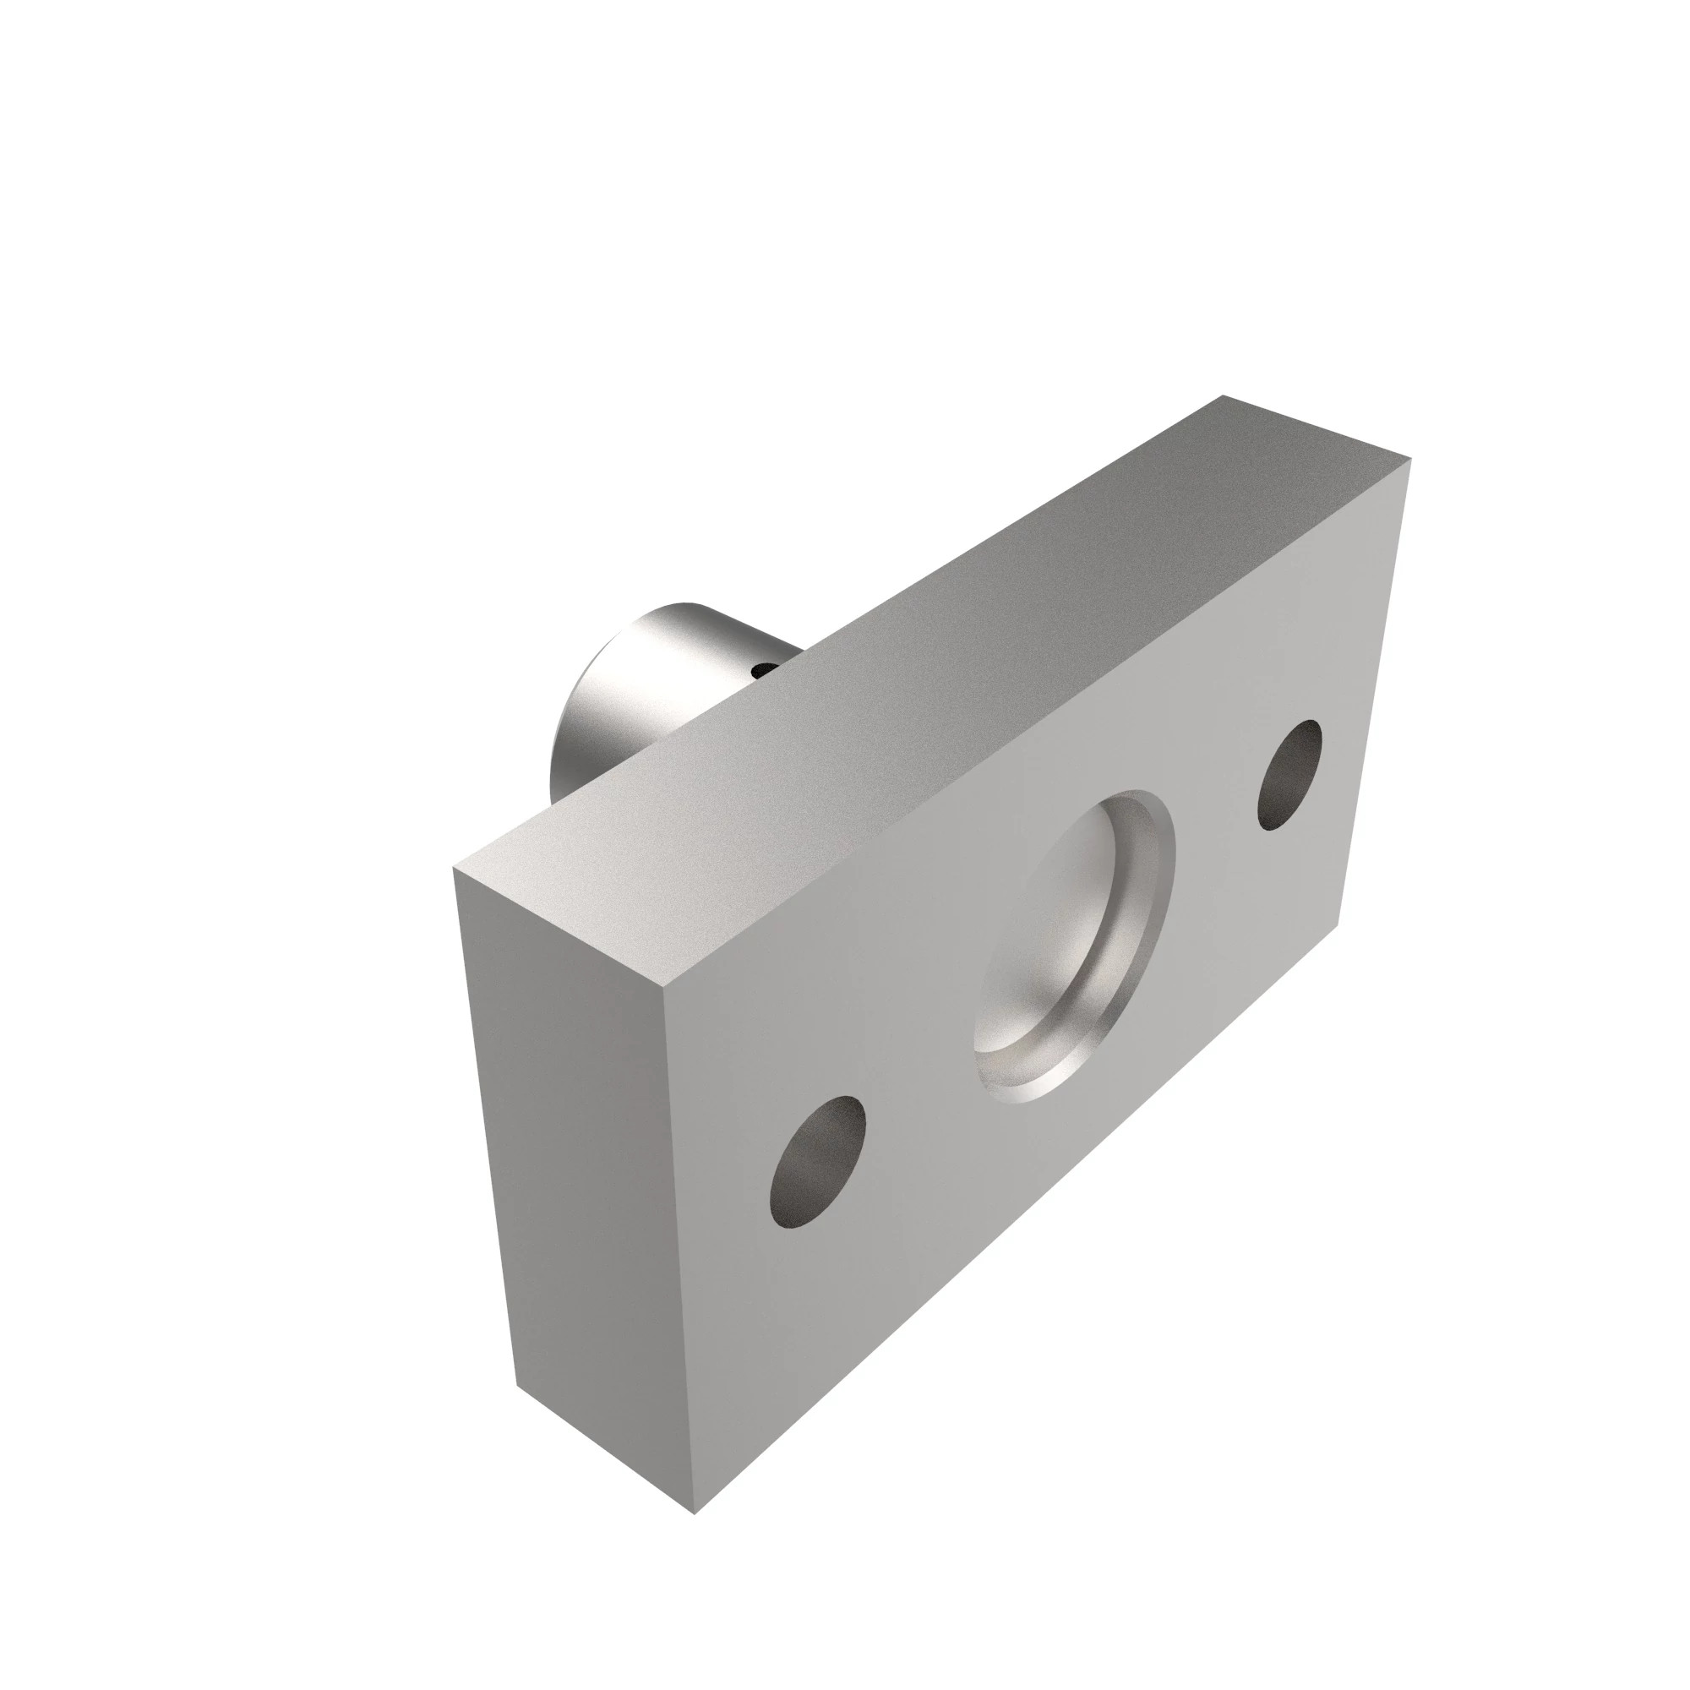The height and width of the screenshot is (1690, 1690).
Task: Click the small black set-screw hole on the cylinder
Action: tap(765, 670)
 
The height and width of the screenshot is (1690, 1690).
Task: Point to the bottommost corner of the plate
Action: tap(695, 1489)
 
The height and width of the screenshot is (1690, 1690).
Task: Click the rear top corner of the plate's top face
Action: tap(1224, 396)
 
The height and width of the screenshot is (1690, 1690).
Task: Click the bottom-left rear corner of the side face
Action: tap(517, 1386)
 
